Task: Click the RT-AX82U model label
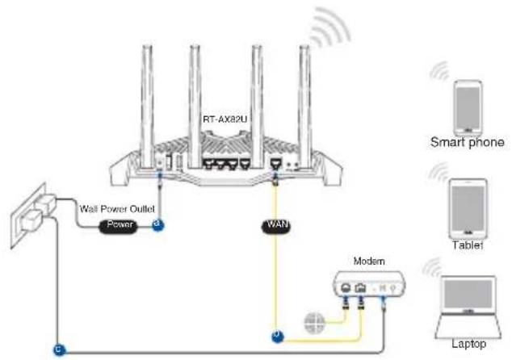pyautogui.click(x=225, y=119)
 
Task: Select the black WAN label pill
pyautogui.click(x=276, y=225)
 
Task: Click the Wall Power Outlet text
pyautogui.click(x=117, y=208)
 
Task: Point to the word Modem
pyautogui.click(x=369, y=261)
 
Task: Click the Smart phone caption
pyautogui.click(x=467, y=142)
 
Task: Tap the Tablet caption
pyautogui.click(x=468, y=245)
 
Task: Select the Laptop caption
pyautogui.click(x=469, y=344)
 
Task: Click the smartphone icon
pyautogui.click(x=468, y=107)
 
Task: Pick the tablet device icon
pyautogui.click(x=468, y=209)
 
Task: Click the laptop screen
pyautogui.click(x=468, y=294)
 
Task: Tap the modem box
pyautogui.click(x=369, y=283)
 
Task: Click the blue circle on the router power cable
pyautogui.click(x=158, y=225)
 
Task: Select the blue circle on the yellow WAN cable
pyautogui.click(x=278, y=336)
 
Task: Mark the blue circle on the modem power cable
pyautogui.click(x=60, y=350)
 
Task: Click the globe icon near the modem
pyautogui.click(x=314, y=323)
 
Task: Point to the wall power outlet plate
pyautogui.click(x=28, y=216)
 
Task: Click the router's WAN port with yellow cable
pyautogui.click(x=275, y=162)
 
